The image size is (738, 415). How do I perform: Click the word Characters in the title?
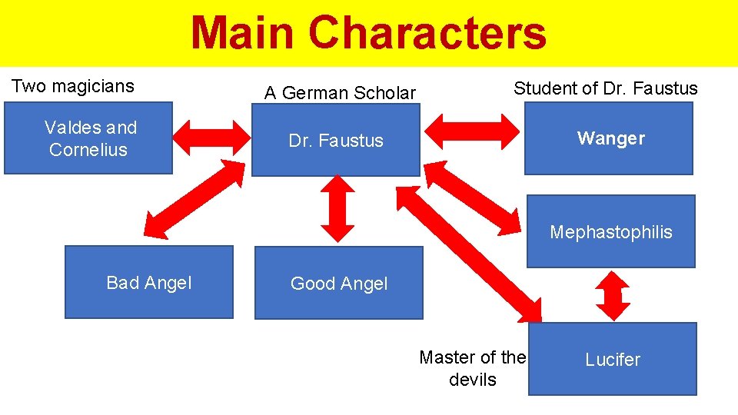(x=427, y=35)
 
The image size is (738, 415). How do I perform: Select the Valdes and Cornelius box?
(x=88, y=138)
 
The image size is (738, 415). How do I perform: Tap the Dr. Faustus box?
(x=336, y=141)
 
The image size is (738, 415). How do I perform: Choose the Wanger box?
(x=609, y=138)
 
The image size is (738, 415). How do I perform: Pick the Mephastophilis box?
(x=610, y=231)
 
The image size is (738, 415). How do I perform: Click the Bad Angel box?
(x=148, y=282)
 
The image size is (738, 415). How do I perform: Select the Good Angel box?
(x=338, y=283)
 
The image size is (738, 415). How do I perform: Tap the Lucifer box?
(x=613, y=359)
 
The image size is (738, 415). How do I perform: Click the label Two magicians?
(x=72, y=86)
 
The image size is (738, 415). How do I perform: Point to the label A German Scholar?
(x=340, y=94)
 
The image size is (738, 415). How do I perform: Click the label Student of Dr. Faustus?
(x=605, y=88)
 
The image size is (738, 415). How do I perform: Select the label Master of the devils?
(x=472, y=368)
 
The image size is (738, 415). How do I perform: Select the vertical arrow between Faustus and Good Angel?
(x=337, y=207)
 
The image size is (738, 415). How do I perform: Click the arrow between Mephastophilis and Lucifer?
(x=613, y=295)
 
